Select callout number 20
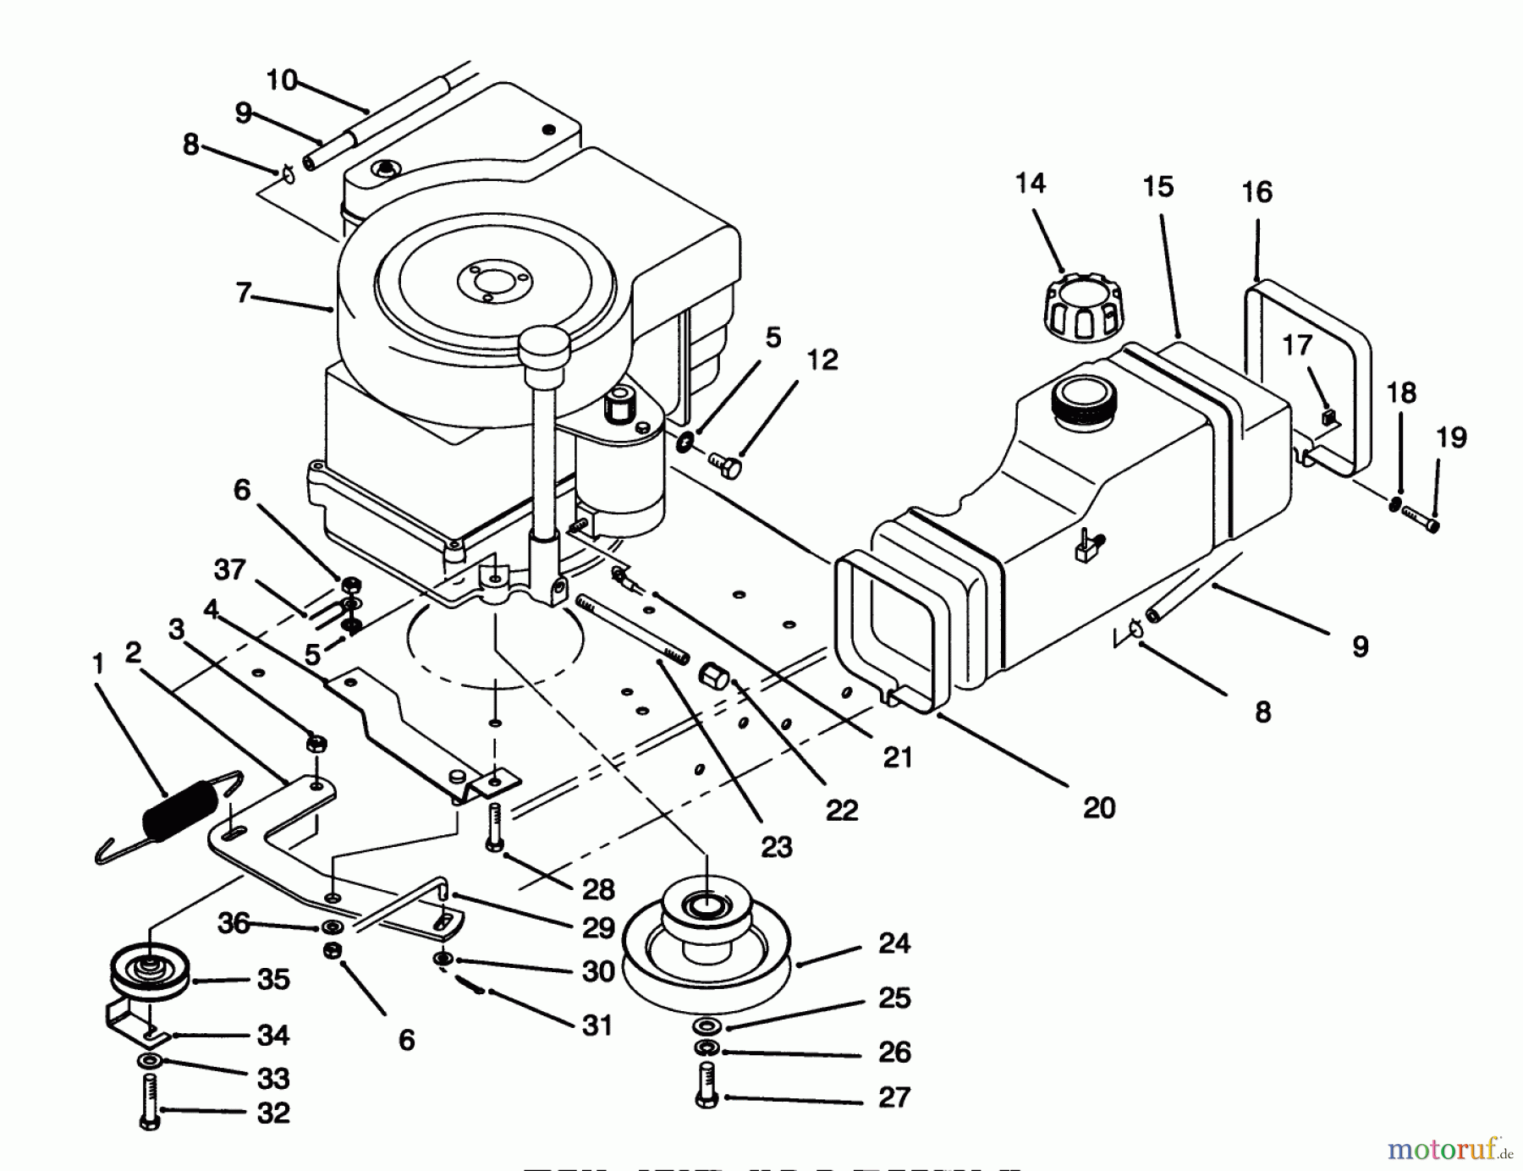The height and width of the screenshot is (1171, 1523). [1099, 808]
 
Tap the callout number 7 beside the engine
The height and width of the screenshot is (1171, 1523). [244, 294]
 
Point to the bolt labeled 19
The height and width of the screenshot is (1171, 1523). [1421, 519]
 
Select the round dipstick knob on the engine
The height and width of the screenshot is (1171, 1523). [544, 344]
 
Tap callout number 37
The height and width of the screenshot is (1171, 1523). [230, 570]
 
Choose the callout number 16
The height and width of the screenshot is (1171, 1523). [1256, 193]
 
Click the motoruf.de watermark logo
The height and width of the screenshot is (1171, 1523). [1450, 1149]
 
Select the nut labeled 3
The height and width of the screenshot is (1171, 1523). [316, 744]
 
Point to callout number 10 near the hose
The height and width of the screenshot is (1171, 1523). [282, 80]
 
